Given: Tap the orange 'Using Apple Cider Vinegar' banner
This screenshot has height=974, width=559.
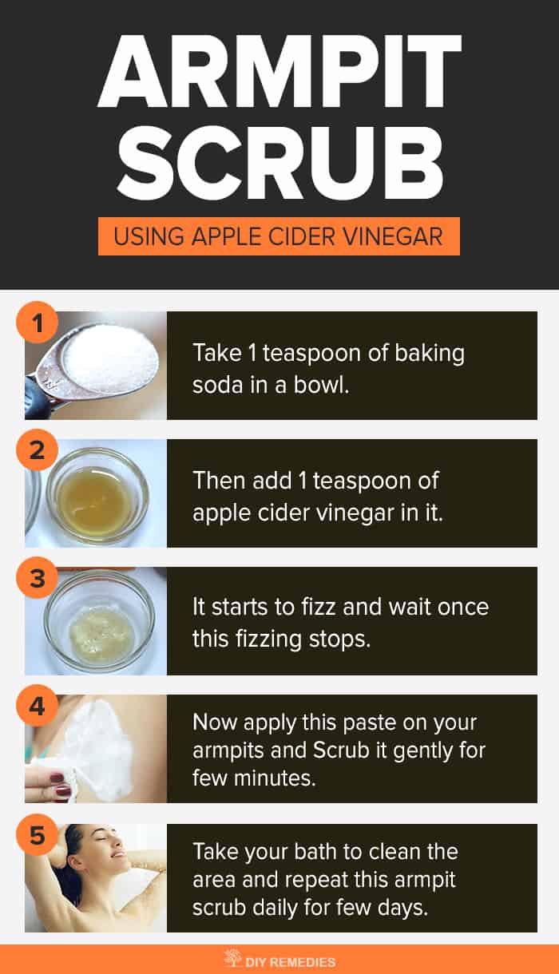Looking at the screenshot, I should pos(279,236).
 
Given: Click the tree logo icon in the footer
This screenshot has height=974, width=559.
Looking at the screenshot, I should pos(232,960).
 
